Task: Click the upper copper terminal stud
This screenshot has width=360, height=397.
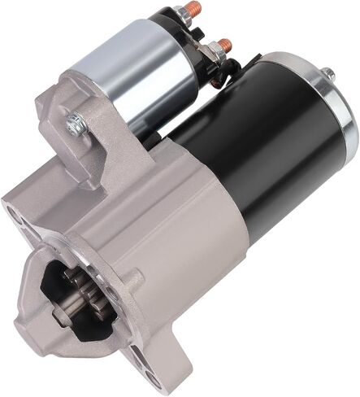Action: tap(193, 11)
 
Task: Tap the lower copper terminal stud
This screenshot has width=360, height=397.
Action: tap(223, 44)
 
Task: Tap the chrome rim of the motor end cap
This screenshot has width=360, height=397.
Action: tap(340, 114)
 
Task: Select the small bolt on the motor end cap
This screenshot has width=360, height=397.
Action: tap(329, 75)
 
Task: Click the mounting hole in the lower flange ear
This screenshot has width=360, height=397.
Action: tap(154, 376)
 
